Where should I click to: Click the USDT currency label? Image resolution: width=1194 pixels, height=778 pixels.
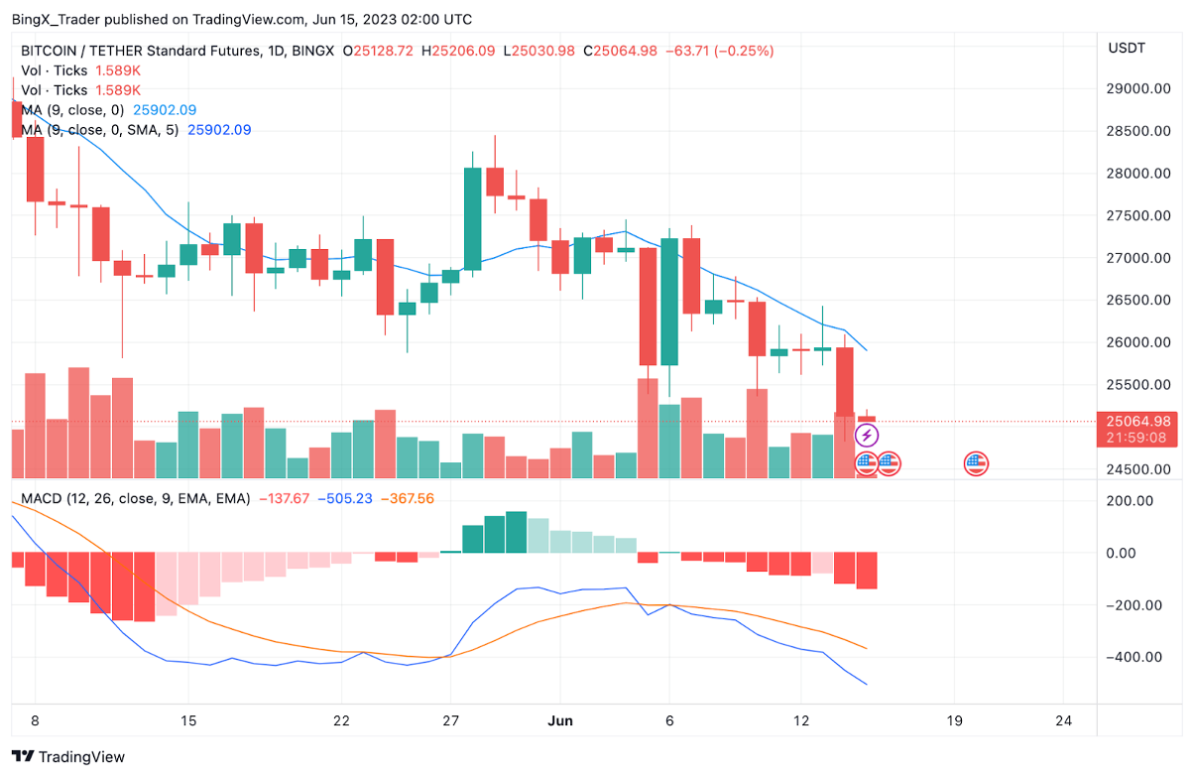coord(1126,48)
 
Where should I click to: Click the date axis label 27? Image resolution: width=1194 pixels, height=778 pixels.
coord(450,720)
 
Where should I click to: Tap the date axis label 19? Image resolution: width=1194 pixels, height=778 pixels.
coord(954,720)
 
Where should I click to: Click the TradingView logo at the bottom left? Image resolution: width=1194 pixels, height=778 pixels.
coord(68,756)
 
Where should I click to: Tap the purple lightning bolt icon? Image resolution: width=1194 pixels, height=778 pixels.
coord(867,435)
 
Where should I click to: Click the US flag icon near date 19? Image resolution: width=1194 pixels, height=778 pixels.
coord(977,462)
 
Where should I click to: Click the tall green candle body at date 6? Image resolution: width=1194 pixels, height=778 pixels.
coord(669,302)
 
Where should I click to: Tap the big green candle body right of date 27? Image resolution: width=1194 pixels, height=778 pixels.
coord(472,218)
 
